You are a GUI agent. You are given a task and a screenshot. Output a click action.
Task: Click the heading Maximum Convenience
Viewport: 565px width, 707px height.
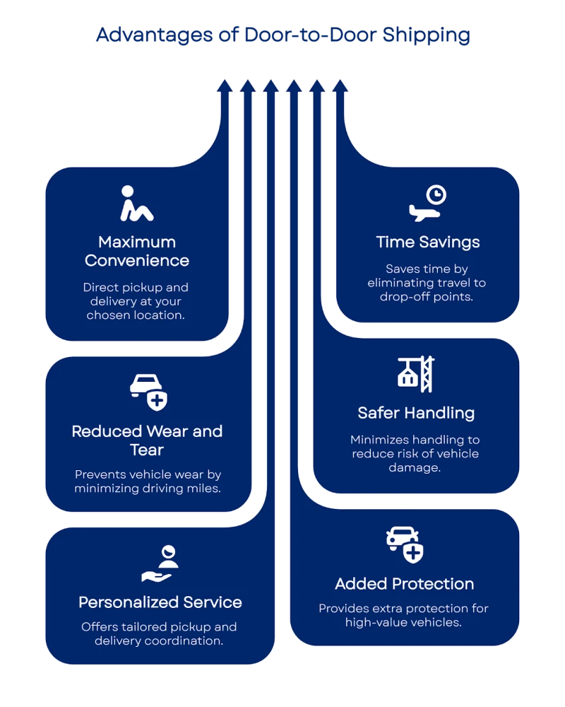pos(137,251)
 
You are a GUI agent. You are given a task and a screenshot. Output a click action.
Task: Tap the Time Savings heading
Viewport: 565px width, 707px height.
pos(427,242)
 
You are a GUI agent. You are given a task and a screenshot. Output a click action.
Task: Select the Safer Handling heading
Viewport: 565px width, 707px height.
pos(415,413)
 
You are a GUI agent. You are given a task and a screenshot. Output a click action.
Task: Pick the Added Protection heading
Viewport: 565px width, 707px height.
pos(404,584)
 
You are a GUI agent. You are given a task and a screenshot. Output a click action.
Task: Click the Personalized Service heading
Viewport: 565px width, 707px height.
pos(160,602)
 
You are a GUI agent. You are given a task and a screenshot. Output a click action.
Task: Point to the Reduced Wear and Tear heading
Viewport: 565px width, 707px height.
pos(147,440)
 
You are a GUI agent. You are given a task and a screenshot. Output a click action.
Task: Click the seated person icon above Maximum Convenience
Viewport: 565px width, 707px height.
pos(136,204)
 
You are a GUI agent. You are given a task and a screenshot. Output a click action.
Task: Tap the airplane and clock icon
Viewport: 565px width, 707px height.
pos(428,203)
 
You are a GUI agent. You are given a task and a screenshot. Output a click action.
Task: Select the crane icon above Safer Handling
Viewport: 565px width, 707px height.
pos(415,374)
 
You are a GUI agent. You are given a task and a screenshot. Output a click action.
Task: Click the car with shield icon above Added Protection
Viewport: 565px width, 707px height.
pos(405,544)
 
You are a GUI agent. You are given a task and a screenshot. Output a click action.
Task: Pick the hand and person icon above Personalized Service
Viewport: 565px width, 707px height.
pos(160,563)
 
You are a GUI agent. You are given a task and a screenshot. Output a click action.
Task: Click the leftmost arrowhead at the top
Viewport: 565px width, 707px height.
pos(224,86)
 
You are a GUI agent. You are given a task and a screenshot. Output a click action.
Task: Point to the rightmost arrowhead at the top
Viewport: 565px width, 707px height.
pos(340,86)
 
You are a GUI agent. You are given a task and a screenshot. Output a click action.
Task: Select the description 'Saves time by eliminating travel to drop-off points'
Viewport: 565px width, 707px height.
pos(427,283)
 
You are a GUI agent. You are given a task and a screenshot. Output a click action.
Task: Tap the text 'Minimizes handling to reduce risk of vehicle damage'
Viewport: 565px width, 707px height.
pos(415,454)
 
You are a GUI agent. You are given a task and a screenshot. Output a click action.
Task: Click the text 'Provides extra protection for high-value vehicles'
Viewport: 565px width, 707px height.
pos(404,615)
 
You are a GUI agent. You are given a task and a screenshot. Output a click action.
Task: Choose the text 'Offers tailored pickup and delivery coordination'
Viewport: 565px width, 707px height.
pos(160,633)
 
